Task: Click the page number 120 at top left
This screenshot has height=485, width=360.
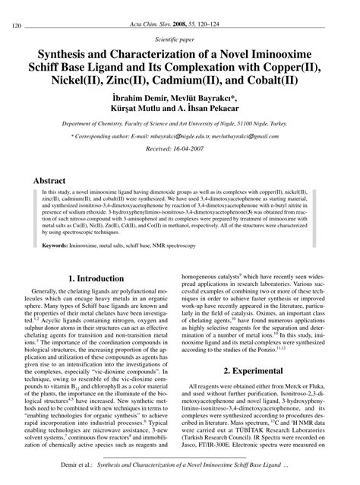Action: (x=17, y=27)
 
